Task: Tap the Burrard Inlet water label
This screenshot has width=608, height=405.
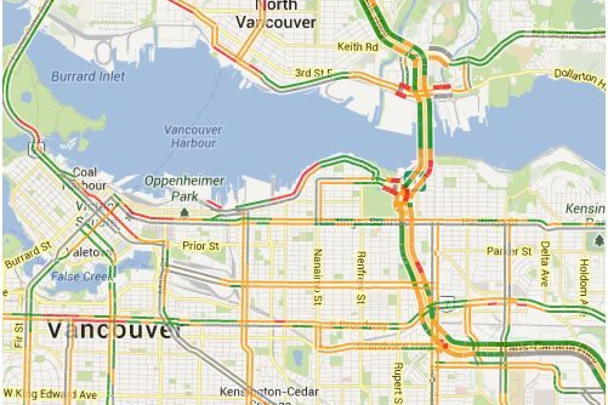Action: point(88,76)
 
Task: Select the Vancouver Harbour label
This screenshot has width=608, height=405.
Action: point(193,136)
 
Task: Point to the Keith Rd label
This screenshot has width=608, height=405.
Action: point(357,47)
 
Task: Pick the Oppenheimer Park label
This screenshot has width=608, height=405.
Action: point(184,188)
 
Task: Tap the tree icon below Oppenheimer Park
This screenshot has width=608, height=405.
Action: point(184,213)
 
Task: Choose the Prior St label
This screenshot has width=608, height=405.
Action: point(200,246)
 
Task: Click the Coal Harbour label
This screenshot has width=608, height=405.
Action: point(85,178)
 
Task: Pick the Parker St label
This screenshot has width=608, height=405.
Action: point(509,251)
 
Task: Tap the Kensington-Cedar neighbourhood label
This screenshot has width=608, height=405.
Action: point(269,392)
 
